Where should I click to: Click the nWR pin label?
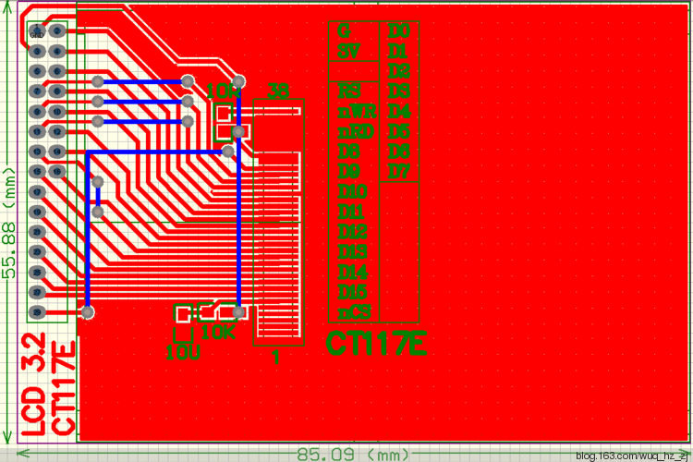(355, 111)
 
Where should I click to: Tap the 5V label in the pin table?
(347, 51)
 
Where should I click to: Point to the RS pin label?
(348, 91)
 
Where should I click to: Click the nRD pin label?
(355, 131)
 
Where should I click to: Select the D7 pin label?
(398, 171)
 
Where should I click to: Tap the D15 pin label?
(353, 292)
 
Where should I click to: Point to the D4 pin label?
(398, 111)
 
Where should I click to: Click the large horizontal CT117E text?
(376, 345)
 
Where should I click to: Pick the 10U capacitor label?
(180, 351)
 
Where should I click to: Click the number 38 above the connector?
(277, 91)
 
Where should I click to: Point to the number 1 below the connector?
(274, 357)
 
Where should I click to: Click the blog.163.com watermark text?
(632, 456)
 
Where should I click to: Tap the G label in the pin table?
(344, 31)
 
